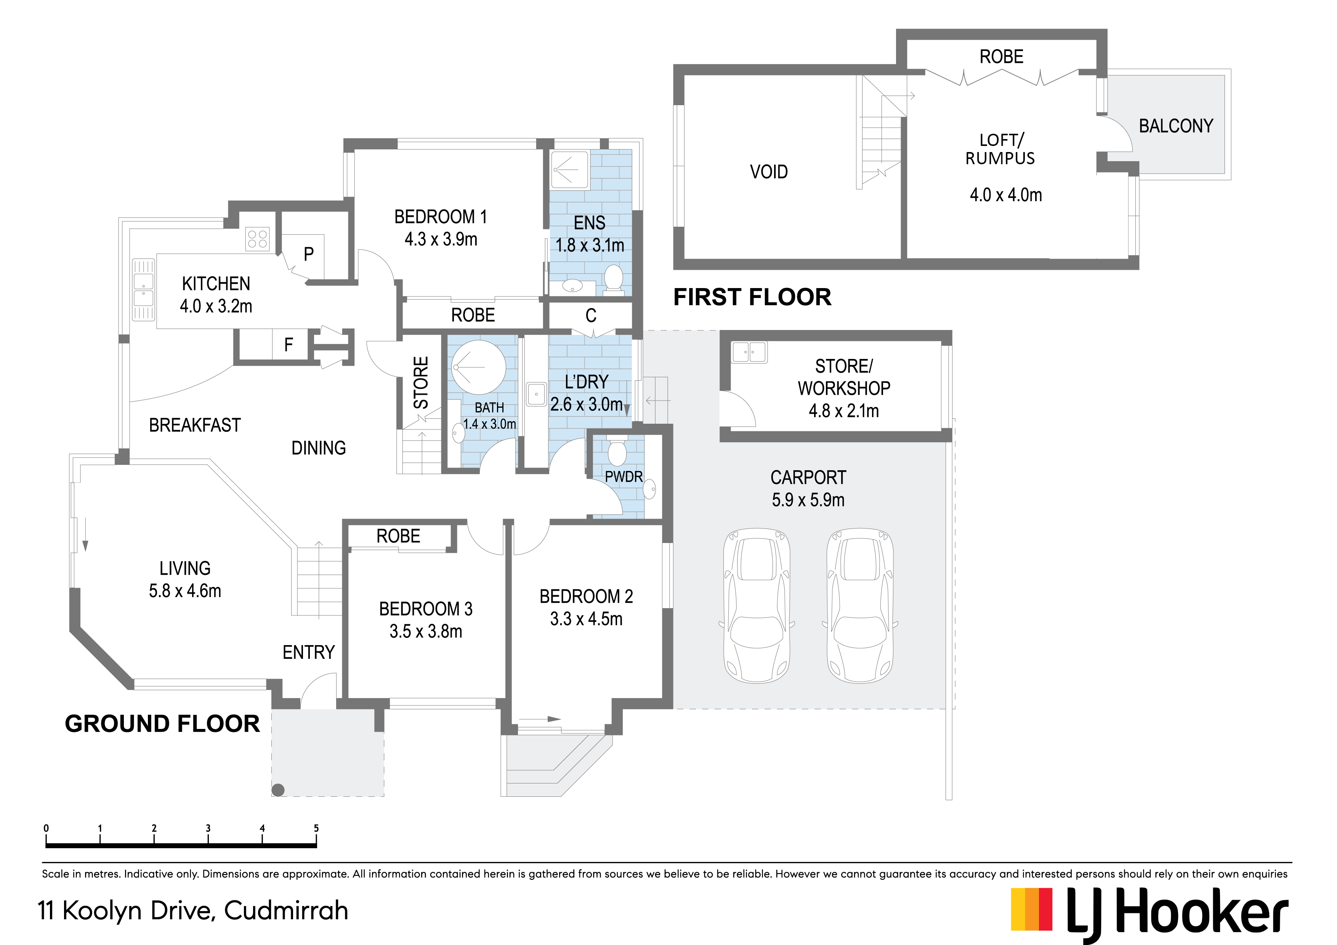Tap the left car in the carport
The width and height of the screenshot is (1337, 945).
click(x=757, y=605)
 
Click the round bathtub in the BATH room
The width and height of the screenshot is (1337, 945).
click(x=479, y=367)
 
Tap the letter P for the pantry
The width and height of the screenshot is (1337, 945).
click(x=309, y=254)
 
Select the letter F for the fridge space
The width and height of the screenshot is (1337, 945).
click(x=288, y=345)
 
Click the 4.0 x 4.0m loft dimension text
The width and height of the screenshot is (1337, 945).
click(x=1006, y=195)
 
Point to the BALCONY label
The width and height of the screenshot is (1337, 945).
click(x=1176, y=126)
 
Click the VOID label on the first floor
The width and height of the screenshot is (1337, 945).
click(x=769, y=172)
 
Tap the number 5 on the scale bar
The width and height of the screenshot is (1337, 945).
click(x=316, y=828)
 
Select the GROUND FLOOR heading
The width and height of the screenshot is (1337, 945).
click(x=162, y=724)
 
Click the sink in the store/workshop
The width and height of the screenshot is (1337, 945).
click(x=749, y=352)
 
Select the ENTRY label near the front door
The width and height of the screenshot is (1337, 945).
click(x=309, y=652)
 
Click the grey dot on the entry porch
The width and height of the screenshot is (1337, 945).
click(x=278, y=790)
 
